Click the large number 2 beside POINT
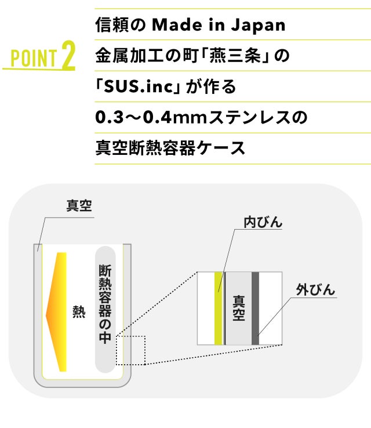click(x=68, y=55)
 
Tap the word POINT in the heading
click(x=34, y=58)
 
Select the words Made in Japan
click(x=219, y=25)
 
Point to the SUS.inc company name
click(x=139, y=86)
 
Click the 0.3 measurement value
click(x=110, y=117)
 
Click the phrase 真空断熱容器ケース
click(x=170, y=148)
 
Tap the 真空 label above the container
click(x=79, y=206)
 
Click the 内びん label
click(x=263, y=222)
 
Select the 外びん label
click(x=315, y=290)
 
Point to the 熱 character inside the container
click(x=79, y=312)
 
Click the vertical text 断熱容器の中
click(x=105, y=303)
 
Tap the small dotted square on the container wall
click(x=130, y=350)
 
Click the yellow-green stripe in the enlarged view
click(x=218, y=308)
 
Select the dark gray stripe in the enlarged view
click(x=255, y=308)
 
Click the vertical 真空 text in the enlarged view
click(x=238, y=308)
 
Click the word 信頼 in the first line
click(x=112, y=25)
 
